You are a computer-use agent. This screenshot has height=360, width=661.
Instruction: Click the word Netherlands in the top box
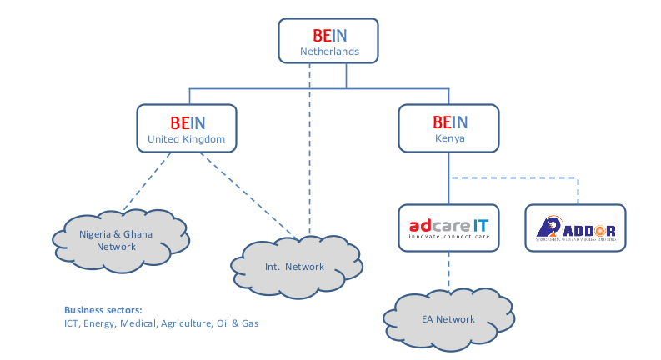[329, 52]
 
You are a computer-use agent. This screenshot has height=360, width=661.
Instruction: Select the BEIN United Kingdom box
[186, 128]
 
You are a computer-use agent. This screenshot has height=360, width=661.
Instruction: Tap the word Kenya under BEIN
[450, 138]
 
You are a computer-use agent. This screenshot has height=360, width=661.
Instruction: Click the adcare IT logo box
[448, 227]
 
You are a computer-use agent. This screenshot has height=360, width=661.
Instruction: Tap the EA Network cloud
[448, 319]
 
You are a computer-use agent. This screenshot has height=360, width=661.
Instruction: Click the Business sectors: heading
[103, 308]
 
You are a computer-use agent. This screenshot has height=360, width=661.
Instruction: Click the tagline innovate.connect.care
[448, 237]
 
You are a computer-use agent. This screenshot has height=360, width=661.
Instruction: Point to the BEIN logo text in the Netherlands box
[329, 36]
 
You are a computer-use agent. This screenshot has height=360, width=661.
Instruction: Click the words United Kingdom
[186, 139]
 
